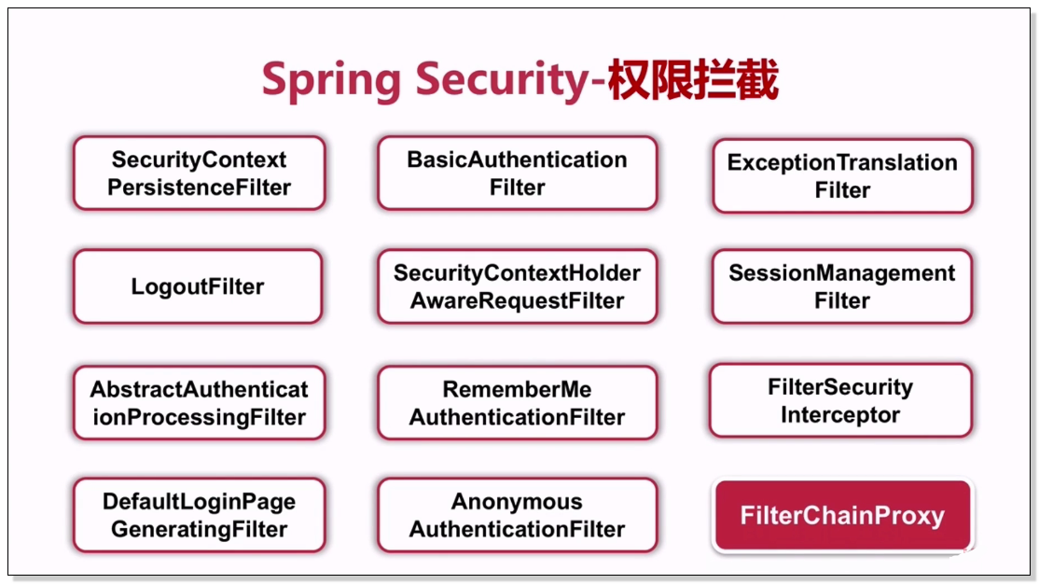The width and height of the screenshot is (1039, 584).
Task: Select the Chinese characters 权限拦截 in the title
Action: click(693, 79)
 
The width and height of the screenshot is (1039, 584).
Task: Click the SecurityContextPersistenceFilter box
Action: click(199, 173)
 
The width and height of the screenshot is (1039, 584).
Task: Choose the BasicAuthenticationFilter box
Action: click(517, 173)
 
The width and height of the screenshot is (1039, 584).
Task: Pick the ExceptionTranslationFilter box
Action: click(842, 175)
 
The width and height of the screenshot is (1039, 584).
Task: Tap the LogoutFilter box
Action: click(198, 286)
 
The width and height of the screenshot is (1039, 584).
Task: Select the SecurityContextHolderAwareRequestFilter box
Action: click(517, 286)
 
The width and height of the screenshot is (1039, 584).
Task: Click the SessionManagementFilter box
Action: click(841, 286)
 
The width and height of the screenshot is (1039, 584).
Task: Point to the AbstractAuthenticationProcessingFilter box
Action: click(199, 403)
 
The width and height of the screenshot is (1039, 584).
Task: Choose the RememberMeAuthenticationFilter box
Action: click(517, 403)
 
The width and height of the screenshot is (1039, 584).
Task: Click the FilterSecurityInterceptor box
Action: click(840, 400)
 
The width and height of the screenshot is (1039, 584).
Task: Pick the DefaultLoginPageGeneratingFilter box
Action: click(199, 515)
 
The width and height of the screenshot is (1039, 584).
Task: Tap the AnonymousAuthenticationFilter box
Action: click(517, 515)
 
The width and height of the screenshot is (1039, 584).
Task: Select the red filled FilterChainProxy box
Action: click(842, 515)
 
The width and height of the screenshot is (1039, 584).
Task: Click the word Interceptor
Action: click(840, 415)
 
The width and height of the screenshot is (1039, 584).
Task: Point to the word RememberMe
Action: click(517, 389)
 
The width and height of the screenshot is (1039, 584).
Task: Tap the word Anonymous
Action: click(517, 502)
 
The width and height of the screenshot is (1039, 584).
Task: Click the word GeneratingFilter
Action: click(199, 530)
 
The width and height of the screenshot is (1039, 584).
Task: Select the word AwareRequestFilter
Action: click(517, 301)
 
